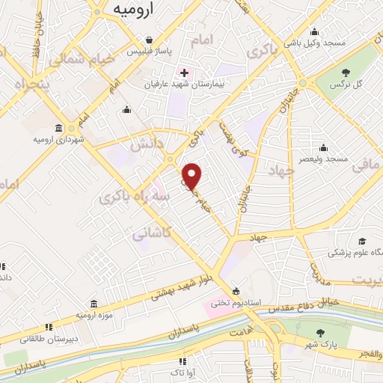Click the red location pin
click(x=192, y=175)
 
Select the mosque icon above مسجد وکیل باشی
click(x=314, y=31)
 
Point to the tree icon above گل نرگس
click(x=347, y=73)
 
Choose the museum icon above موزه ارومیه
click(x=94, y=304)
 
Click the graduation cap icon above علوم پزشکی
click(x=362, y=241)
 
